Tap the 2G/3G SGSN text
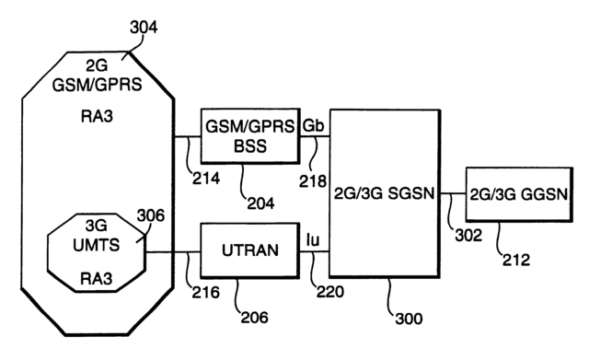point(384,194)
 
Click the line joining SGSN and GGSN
point(452,194)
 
